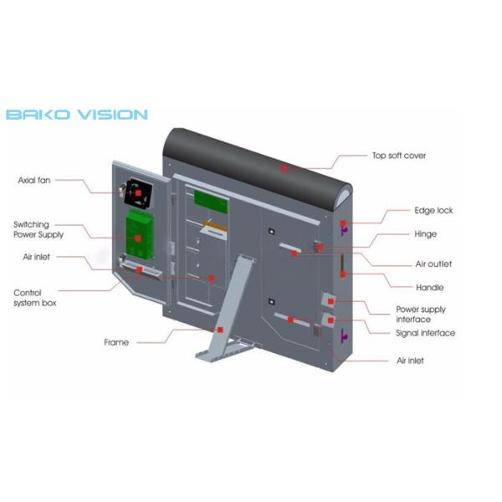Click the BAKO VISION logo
pos(77,115)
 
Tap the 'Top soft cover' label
pos(399,156)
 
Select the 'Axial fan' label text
pos(34,180)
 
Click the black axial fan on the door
pos(138,194)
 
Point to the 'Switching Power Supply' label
pos(38,229)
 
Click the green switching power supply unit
pos(140,233)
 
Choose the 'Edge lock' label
pos(433,210)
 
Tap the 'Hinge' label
pos(426,234)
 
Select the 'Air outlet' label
pos(433,264)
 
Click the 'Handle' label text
pos(430,287)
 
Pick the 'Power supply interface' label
pos(421,314)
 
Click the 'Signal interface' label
pos(425,333)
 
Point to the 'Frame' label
pos(116,342)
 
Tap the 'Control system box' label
pos(34,298)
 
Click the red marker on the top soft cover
pos(284,168)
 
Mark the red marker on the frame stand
pos(220,330)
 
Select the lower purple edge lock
pos(344,335)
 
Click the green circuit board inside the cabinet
pos(211,202)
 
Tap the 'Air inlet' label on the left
pos(36,257)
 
